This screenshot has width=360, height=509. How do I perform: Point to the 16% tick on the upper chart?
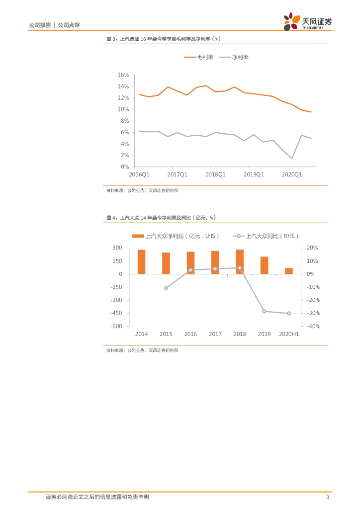click(123, 75)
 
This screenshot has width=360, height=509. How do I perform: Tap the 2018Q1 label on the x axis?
click(215, 174)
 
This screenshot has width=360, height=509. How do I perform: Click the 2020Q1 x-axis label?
click(292, 174)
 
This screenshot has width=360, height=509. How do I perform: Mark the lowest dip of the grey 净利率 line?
click(292, 159)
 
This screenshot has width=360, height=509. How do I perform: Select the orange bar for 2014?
click(142, 262)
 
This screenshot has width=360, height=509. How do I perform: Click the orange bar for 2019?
click(264, 265)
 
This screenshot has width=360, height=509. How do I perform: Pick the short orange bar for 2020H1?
click(288, 271)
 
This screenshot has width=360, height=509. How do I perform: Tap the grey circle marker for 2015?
click(166, 288)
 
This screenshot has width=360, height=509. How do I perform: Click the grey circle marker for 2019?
click(264, 311)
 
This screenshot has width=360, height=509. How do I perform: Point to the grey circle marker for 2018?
click(240, 268)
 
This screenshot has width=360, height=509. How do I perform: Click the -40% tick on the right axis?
click(312, 327)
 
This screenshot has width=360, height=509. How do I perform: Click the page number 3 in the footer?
click(327, 497)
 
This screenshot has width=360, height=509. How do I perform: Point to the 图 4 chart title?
click(161, 218)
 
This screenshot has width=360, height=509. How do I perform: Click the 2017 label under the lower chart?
click(215, 334)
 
